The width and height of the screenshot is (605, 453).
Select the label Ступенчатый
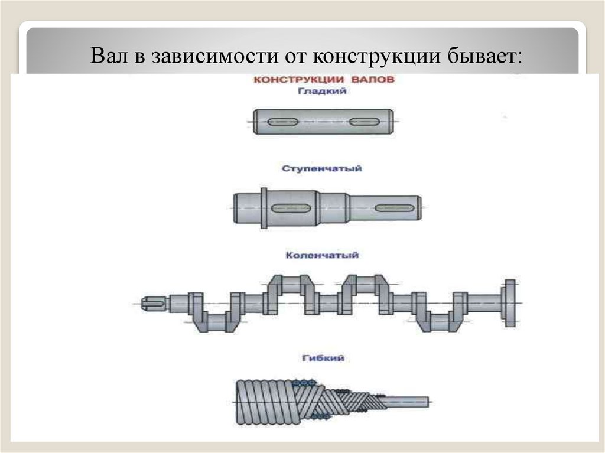pyautogui.click(x=322, y=168)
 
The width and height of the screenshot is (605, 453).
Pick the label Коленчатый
pyautogui.click(x=322, y=256)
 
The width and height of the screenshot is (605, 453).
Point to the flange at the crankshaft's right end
pyautogui.click(x=509, y=302)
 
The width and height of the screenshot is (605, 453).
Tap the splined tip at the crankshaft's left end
pyautogui.click(x=155, y=303)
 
